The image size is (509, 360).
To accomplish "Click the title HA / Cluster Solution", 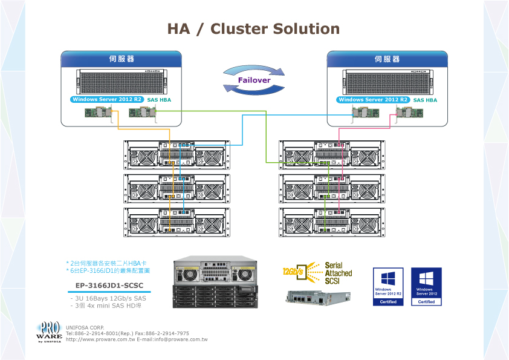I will tap(253, 29).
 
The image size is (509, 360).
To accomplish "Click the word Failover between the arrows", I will tap(254, 80).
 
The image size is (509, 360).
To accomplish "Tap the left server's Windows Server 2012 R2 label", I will tap(108, 99).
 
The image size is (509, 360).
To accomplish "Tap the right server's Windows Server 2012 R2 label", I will tap(374, 99).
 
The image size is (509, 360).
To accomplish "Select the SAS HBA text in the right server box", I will tap(425, 99).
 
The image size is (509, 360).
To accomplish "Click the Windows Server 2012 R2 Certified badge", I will tap(388, 286).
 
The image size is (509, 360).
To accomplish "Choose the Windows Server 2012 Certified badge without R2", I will tap(426, 286).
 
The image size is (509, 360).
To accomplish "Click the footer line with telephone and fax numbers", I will tap(127, 333).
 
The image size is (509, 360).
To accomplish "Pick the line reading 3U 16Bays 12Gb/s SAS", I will tap(108, 298).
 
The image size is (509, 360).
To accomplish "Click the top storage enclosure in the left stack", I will tap(177, 155).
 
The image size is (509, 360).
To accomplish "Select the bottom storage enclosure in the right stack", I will tap(331, 222).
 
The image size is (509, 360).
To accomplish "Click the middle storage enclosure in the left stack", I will tap(177, 189).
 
